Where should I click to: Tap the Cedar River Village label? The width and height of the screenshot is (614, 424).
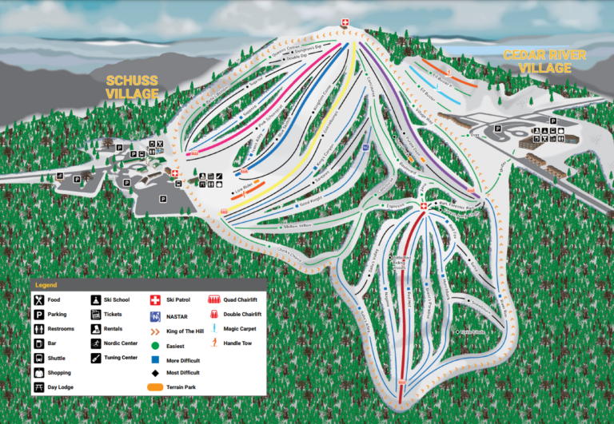544,61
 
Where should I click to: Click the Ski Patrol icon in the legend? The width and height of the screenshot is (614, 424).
156,299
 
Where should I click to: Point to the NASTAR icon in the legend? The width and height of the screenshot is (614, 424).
156,315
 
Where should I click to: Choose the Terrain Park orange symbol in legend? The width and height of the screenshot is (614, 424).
156,387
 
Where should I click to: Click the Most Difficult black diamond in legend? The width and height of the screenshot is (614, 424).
156,373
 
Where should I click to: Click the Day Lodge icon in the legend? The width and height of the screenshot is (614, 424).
38,387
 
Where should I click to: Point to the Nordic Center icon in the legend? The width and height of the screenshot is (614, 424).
97,343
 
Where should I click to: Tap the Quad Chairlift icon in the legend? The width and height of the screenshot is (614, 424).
214,299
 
